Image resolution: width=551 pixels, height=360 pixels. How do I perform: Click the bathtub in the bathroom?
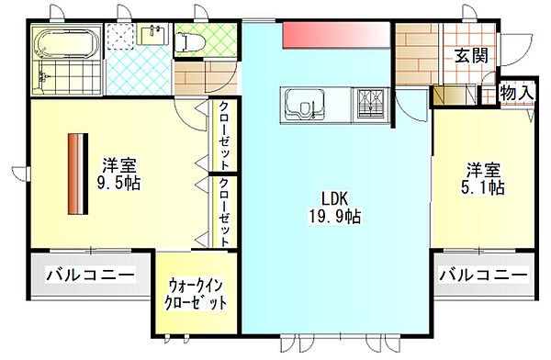pyautogui.click(x=67, y=42)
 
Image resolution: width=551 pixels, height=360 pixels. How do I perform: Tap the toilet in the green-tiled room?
pyautogui.click(x=189, y=41)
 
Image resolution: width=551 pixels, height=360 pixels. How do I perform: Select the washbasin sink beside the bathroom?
pyautogui.click(x=152, y=34)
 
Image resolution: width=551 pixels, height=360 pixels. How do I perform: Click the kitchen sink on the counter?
pyautogui.click(x=304, y=103)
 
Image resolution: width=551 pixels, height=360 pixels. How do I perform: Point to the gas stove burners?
pyautogui.click(x=372, y=104)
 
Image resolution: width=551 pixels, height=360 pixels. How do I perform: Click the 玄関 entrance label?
pyautogui.click(x=471, y=55)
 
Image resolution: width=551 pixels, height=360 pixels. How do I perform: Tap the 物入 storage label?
pyautogui.click(x=517, y=93)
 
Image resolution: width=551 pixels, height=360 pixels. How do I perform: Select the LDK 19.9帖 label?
pyautogui.click(x=334, y=208)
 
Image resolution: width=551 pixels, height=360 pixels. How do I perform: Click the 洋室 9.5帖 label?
pyautogui.click(x=118, y=174)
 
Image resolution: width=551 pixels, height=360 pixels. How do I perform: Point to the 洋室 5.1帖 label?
pyautogui.click(x=483, y=178)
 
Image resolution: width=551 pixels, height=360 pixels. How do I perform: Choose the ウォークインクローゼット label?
pyautogui.click(x=196, y=294)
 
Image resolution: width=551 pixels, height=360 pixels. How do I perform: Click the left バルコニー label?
pyautogui.click(x=90, y=275)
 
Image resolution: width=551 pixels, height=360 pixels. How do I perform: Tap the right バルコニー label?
pyautogui.click(x=484, y=275)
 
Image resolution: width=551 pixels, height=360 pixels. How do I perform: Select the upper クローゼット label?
pyautogui.click(x=223, y=135)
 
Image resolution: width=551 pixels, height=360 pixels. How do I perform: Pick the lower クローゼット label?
pyautogui.click(x=224, y=212)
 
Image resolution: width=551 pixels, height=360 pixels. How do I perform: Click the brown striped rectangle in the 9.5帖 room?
pyautogui.click(x=78, y=174)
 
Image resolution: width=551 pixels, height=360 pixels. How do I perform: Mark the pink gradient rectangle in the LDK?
pyautogui.click(x=336, y=35)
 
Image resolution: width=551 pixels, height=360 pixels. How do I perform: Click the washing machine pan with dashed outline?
pyautogui.click(x=121, y=36)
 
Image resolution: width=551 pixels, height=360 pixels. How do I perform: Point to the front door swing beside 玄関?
pyautogui.click(x=516, y=51)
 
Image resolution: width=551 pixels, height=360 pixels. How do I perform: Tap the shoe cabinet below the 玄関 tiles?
pyautogui.click(x=455, y=95)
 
